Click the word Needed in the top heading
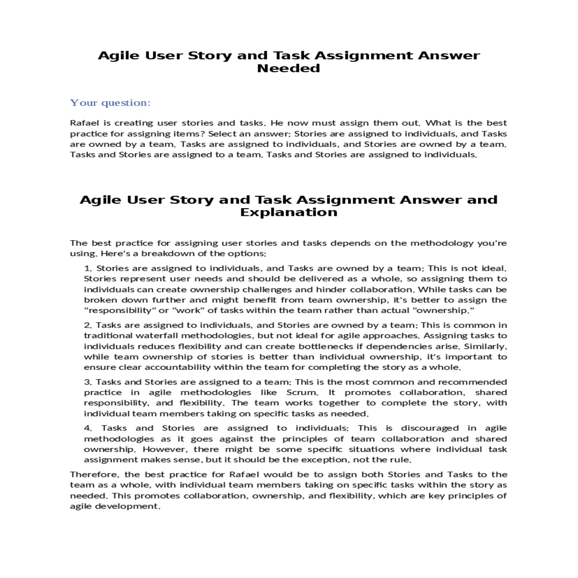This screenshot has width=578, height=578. tap(289, 68)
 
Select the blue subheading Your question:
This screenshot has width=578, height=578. tap(110, 103)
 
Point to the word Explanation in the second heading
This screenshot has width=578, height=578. tap(289, 212)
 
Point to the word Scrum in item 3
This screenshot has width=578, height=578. tap(302, 393)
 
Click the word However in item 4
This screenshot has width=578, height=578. tap(163, 449)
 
